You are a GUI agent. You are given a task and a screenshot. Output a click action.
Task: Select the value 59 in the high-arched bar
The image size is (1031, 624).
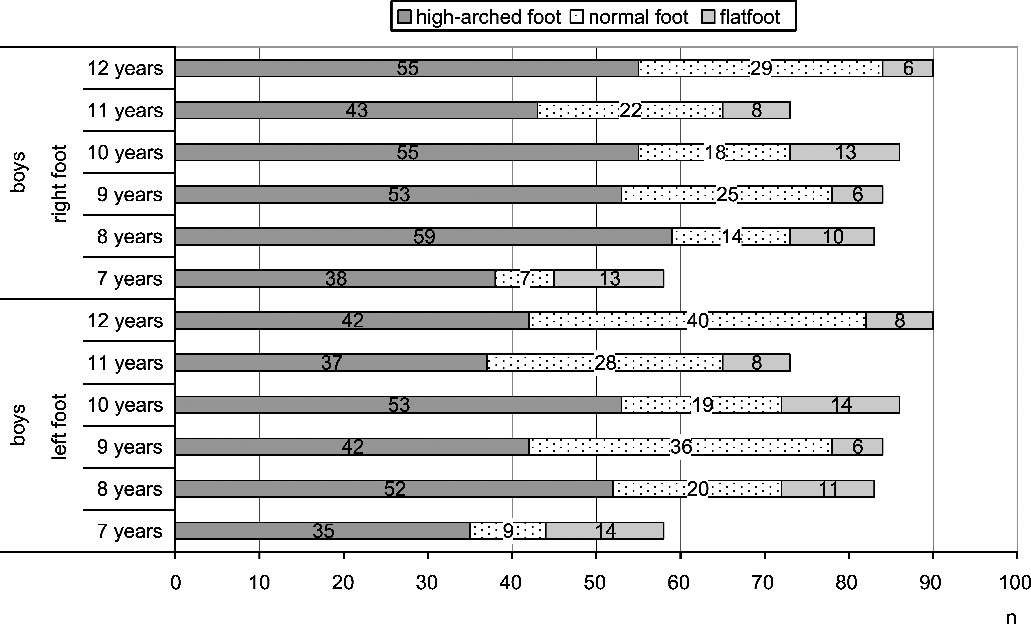click(x=424, y=237)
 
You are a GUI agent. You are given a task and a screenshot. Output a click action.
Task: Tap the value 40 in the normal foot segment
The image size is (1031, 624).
click(x=697, y=321)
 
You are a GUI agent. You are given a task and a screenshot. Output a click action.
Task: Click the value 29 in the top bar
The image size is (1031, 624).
click(x=761, y=68)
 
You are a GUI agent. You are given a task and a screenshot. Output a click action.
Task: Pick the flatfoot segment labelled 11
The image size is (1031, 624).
click(x=828, y=489)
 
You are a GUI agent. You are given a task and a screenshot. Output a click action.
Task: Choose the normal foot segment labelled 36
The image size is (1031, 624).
click(x=680, y=447)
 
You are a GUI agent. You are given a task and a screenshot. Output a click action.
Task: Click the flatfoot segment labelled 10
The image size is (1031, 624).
click(x=832, y=237)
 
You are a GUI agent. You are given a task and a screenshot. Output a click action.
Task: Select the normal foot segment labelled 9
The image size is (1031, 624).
click(x=508, y=531)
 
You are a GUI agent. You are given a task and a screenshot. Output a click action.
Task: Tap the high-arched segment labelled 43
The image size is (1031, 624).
click(x=357, y=110)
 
